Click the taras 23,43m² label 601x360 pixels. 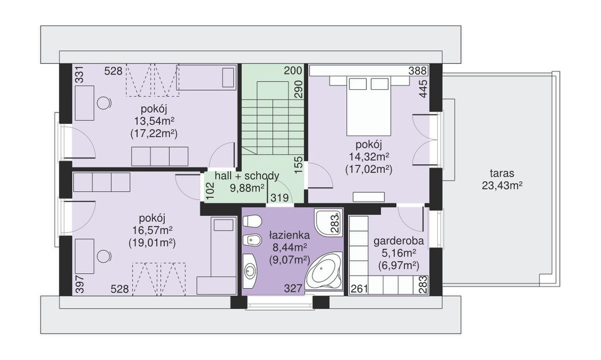502,180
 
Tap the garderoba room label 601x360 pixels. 399,241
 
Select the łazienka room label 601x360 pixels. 289,235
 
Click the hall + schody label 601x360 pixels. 247,176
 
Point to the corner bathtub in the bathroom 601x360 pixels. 323,271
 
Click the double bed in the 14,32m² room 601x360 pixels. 370,105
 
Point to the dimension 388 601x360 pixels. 417,71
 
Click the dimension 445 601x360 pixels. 423,89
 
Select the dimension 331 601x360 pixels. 79,74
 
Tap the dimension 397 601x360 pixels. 79,284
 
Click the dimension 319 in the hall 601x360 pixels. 280,198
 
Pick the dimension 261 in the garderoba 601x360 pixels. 360,289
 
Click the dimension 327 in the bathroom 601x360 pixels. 293,288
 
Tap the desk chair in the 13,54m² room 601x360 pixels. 104,103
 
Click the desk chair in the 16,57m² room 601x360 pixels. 104,256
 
